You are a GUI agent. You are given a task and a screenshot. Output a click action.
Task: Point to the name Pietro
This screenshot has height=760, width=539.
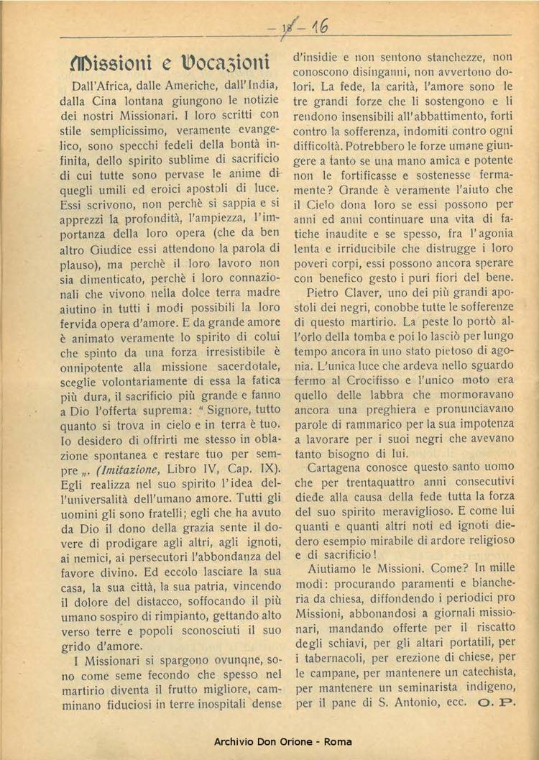(x=326, y=293)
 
